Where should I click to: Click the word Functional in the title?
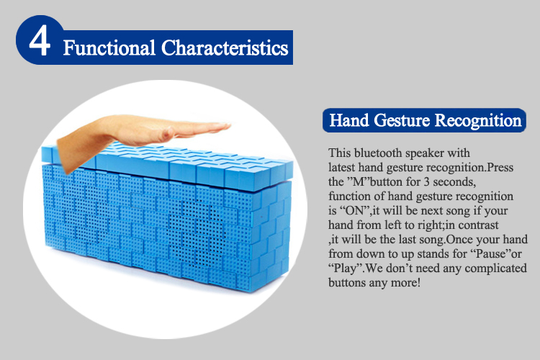click(109, 48)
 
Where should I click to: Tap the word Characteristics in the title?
click(225, 48)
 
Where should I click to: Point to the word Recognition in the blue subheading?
click(478, 121)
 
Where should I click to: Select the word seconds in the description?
click(454, 181)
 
